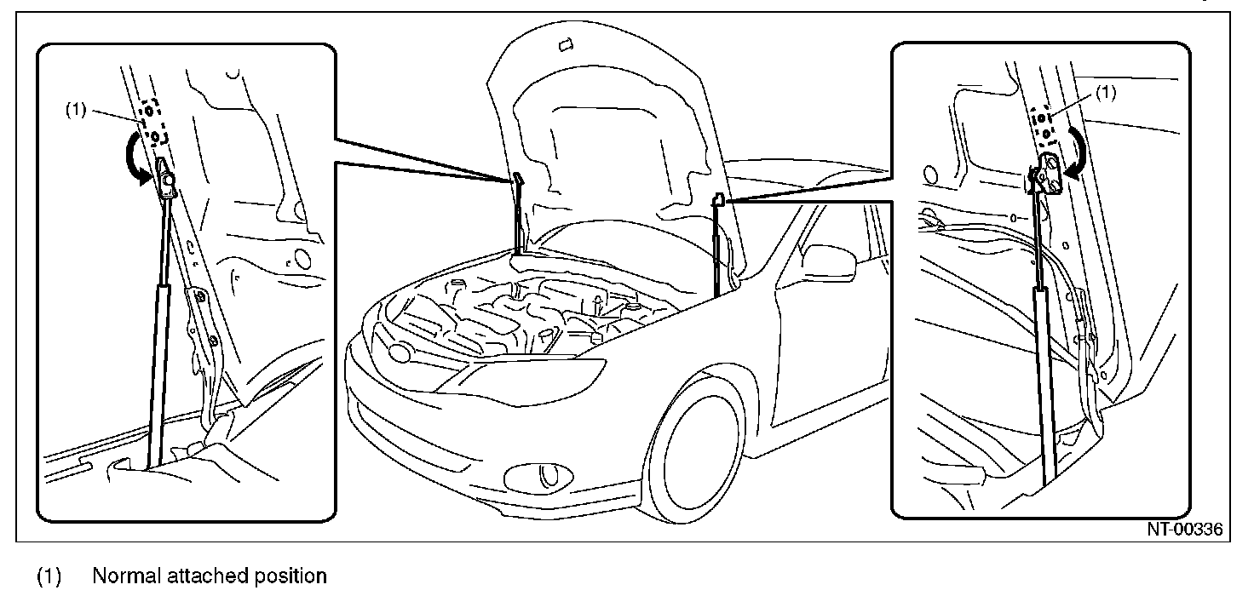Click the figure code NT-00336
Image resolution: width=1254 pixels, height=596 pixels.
[x=1184, y=530]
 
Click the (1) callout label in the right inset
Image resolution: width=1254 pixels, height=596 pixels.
[x=1104, y=93]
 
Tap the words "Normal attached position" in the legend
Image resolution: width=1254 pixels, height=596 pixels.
[x=209, y=576]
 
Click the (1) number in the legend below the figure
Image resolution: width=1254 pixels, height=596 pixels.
[x=49, y=576]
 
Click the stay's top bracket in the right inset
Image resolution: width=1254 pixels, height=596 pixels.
[x=1047, y=171]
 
